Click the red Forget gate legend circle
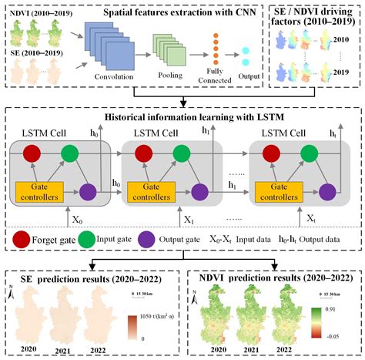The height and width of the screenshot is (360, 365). pos(18,239)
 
